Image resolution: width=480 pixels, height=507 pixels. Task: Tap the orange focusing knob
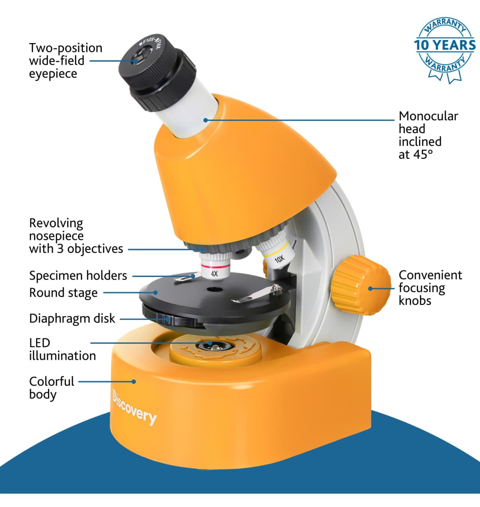click(x=361, y=285)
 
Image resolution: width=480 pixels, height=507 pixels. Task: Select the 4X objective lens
click(x=215, y=265)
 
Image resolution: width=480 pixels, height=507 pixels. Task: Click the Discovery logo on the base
click(x=135, y=407)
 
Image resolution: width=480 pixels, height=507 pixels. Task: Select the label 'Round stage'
click(x=64, y=293)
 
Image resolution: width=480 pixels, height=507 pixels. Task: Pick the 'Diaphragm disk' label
click(x=72, y=318)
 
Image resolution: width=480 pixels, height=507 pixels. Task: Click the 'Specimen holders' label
click(x=78, y=276)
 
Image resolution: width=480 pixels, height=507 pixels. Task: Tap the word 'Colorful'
click(x=52, y=382)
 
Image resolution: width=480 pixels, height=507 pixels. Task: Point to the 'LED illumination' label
click(x=62, y=349)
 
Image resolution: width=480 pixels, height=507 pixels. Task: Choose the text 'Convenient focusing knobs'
click(x=430, y=288)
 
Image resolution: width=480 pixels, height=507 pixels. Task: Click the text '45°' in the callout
click(x=423, y=155)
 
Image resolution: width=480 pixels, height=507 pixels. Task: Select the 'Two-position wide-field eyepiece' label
click(x=66, y=61)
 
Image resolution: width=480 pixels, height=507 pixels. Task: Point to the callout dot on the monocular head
click(x=206, y=120)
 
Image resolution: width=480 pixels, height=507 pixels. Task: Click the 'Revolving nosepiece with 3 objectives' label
click(x=76, y=236)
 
